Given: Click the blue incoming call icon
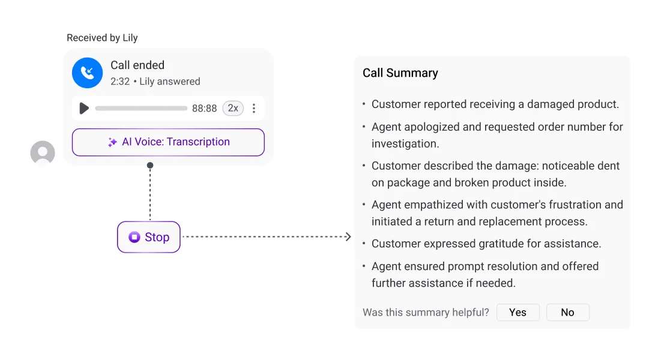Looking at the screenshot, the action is coord(87,73).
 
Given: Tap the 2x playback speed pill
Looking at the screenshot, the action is coord(233,108).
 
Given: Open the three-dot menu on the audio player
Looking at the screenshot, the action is coord(254,109).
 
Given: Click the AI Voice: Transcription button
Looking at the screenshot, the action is coord(168,142).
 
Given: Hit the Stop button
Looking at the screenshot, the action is coord(148,237).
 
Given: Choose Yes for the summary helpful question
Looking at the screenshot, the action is coord(518,313).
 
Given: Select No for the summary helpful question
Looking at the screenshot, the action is coord(568,313).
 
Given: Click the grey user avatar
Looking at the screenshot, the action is coord(43,153).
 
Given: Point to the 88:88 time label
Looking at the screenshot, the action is coord(204,109).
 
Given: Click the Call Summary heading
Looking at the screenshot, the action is coord(400,73).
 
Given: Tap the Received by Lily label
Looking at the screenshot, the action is coord(102,38).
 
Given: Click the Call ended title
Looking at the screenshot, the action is coord(137,65).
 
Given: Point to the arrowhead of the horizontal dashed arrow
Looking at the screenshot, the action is coord(348,236).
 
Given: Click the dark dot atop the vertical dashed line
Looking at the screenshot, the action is coord(150,166).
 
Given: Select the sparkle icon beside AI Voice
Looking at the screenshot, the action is coord(112,142).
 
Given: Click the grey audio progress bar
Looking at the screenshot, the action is coord(141,108).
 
